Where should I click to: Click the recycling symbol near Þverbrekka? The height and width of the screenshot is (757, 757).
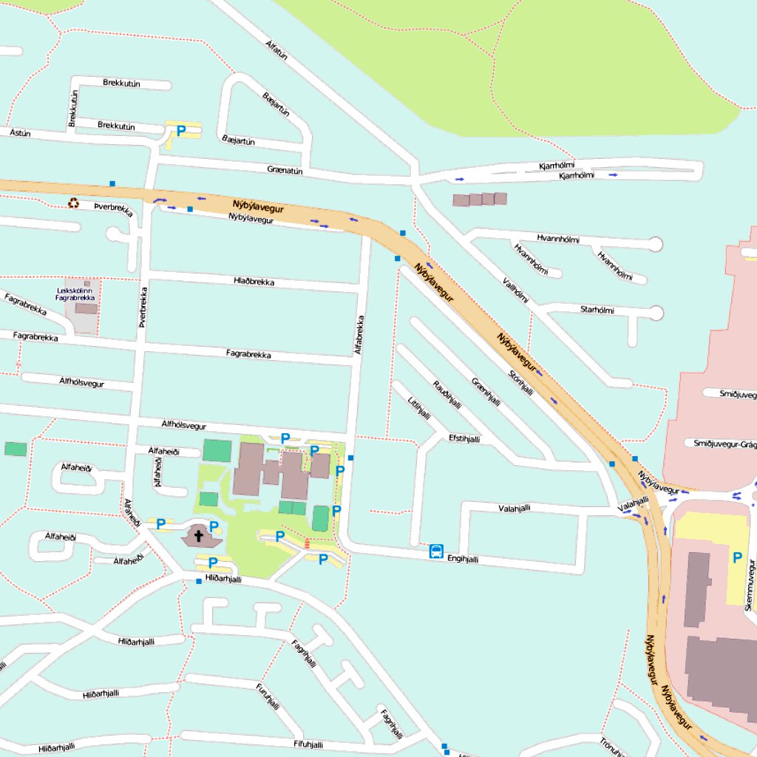[x=73, y=203]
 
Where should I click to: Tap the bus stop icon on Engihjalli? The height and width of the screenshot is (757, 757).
[x=436, y=551]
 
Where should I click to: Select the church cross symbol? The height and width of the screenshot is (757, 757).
[x=199, y=534]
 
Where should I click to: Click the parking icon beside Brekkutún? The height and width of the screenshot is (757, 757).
[x=180, y=132]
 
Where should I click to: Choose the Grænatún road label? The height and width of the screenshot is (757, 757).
[x=285, y=170]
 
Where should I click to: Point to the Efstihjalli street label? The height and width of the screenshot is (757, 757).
[x=464, y=438]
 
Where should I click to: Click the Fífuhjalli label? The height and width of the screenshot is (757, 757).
[x=308, y=744]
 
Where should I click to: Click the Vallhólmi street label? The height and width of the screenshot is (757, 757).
[x=515, y=291]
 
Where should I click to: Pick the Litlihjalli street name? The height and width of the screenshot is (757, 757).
[x=418, y=408]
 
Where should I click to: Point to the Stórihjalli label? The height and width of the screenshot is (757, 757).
[x=520, y=382]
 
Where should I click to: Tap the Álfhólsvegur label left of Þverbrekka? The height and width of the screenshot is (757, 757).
[x=82, y=382]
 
